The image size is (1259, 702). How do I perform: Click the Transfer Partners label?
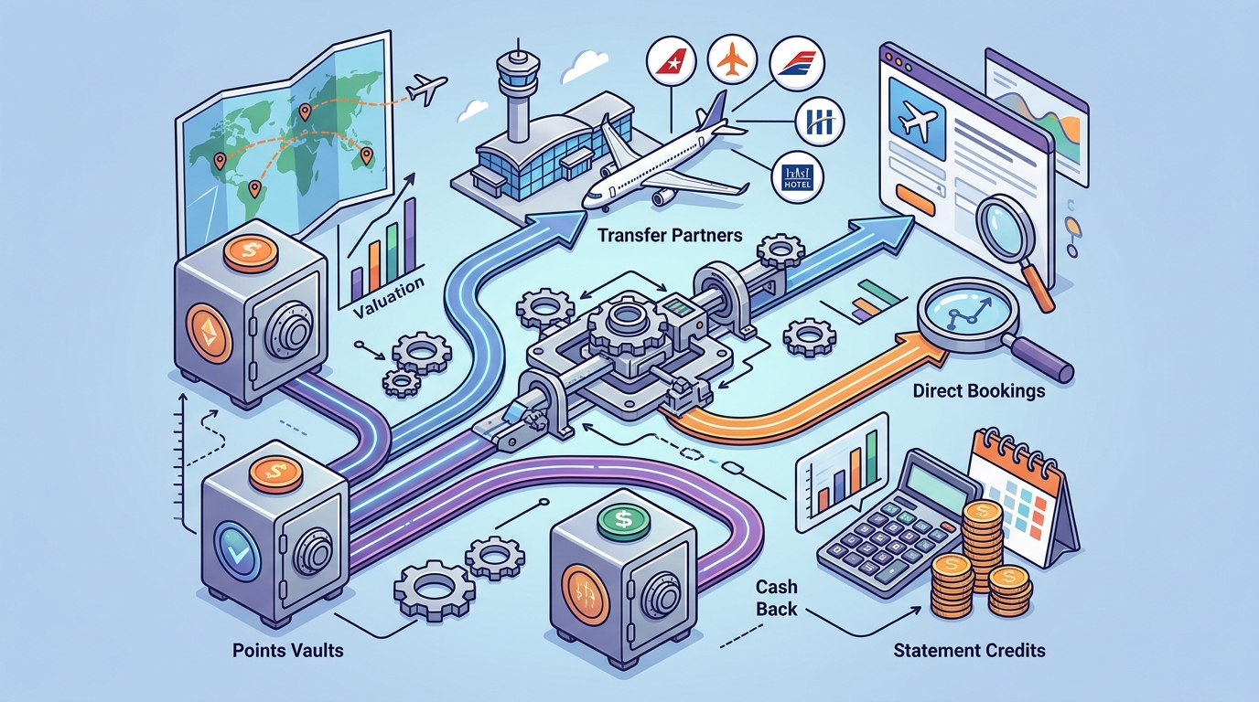point(670,235)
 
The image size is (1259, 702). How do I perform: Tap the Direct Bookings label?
point(978,391)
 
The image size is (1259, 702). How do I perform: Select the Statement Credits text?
point(970,650)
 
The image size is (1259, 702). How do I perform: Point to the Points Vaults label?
point(288,650)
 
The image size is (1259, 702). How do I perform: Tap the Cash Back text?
point(776,598)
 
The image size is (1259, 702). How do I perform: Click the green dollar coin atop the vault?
point(623,519)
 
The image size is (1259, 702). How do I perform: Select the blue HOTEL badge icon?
point(798,177)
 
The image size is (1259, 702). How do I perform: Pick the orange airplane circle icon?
point(732,60)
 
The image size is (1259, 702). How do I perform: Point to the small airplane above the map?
point(426,89)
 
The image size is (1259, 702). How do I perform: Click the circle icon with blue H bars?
point(820,121)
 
